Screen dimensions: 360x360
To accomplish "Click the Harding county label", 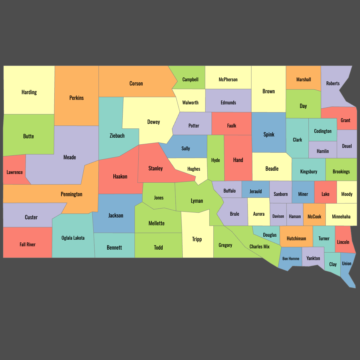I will [x=29, y=92].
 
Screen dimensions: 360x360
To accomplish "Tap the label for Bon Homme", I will [x=291, y=259].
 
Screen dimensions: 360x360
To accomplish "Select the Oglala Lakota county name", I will [x=73, y=238].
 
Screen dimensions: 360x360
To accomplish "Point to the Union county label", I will [x=346, y=263].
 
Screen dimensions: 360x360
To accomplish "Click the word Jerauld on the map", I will [x=256, y=191].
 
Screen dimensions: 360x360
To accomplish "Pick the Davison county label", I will [x=278, y=216].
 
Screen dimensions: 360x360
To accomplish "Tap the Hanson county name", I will [x=295, y=216].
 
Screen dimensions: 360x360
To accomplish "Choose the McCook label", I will [x=314, y=216].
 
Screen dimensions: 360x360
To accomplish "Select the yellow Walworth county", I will [x=190, y=102].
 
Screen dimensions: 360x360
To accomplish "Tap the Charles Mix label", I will [x=259, y=247].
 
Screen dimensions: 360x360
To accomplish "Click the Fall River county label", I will [x=28, y=244].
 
